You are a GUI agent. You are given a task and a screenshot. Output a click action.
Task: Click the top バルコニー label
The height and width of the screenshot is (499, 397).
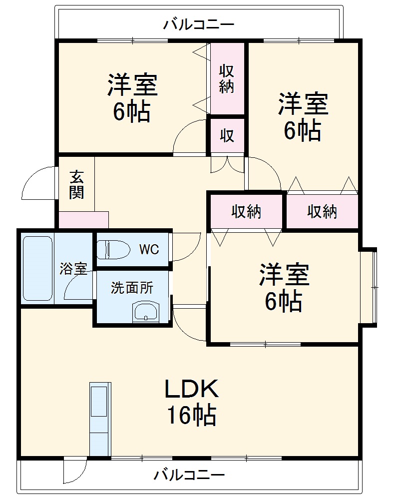(x=199, y=24)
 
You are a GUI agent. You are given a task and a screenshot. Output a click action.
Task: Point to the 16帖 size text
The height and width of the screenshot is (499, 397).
(x=191, y=415)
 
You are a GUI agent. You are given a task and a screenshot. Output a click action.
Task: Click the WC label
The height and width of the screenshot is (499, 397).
(x=149, y=249)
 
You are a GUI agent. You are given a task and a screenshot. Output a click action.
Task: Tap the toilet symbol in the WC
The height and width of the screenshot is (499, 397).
(x=112, y=249)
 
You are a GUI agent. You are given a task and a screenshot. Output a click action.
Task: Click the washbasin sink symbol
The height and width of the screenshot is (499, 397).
(x=145, y=312)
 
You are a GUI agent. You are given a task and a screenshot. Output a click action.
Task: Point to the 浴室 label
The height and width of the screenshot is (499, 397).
(x=73, y=269)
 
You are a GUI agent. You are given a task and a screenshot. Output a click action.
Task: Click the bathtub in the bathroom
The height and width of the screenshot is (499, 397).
(x=37, y=268)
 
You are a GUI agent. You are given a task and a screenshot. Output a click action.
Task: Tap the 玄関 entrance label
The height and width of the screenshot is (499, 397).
(x=76, y=184)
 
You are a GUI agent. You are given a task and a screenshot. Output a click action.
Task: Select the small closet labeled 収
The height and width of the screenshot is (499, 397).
(x=227, y=135)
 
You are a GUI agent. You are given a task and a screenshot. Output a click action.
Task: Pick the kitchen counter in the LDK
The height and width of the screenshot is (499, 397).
(x=100, y=419)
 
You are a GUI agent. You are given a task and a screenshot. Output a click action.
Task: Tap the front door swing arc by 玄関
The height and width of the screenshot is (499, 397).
(x=37, y=182)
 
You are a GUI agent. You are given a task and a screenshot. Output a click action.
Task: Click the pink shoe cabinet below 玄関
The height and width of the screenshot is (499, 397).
(x=83, y=220)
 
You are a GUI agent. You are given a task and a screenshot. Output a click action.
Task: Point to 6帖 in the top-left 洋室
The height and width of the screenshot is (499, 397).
(x=132, y=112)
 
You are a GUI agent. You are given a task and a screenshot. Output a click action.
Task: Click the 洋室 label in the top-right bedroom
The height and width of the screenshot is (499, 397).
(x=303, y=103)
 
